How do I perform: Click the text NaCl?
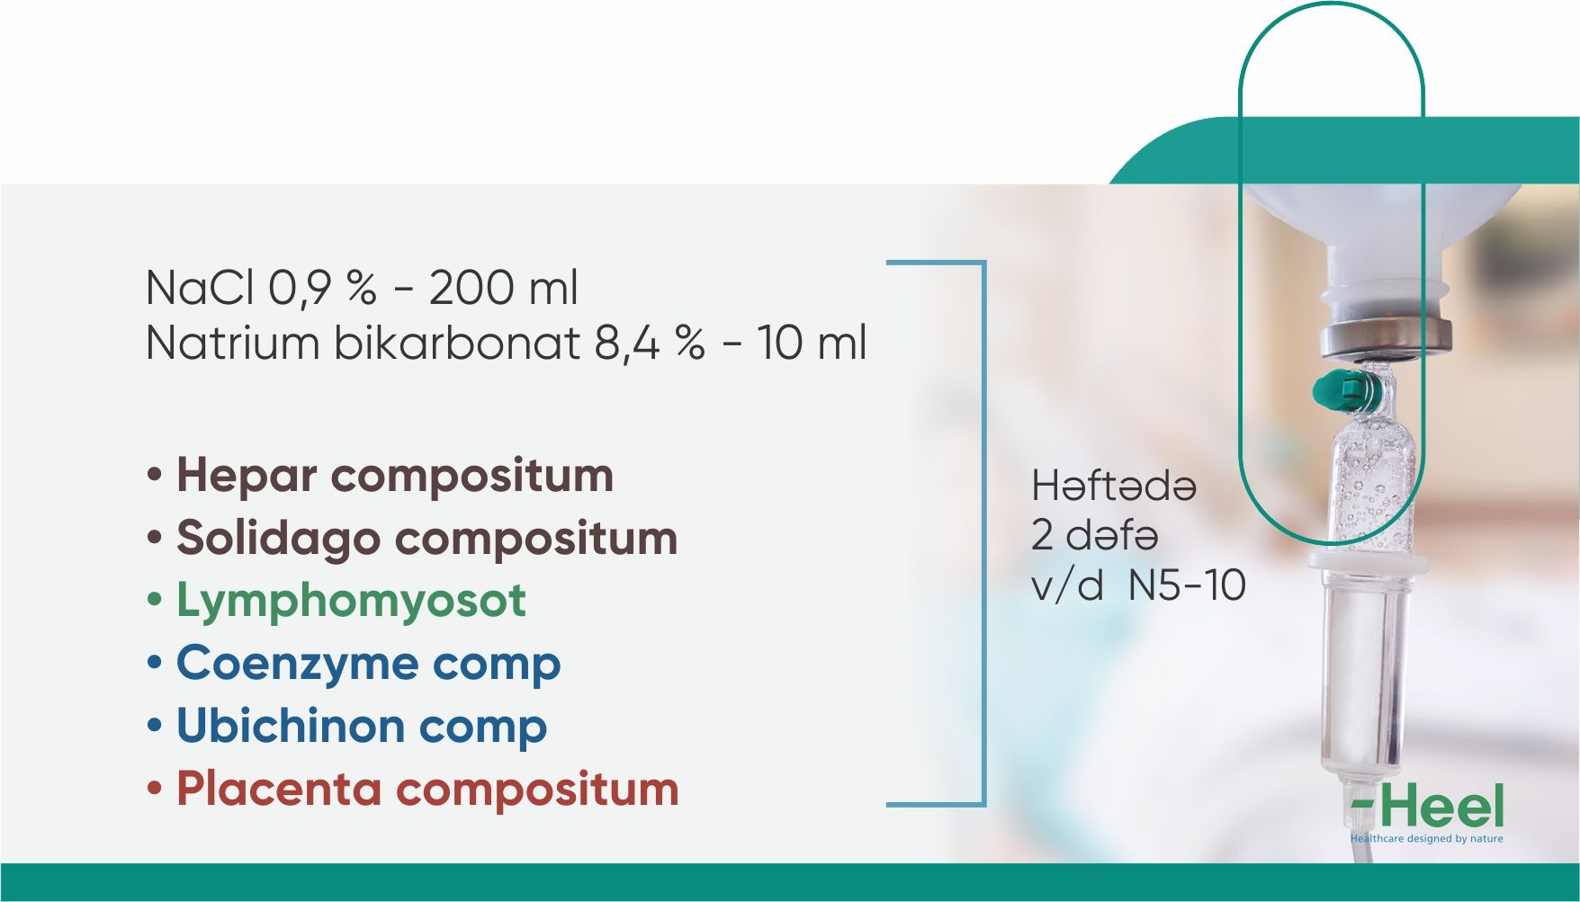(201, 288)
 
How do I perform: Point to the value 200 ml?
(503, 288)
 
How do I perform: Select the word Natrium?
(232, 343)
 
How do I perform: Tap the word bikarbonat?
(457, 343)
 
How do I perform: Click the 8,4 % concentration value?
(650, 344)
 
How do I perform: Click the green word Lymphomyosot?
(351, 602)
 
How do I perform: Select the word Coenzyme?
(297, 665)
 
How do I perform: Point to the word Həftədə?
(1114, 486)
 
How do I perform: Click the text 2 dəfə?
(1094, 535)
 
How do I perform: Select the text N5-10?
(1187, 585)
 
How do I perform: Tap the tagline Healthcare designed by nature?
(1426, 838)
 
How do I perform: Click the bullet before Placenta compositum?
(155, 789)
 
